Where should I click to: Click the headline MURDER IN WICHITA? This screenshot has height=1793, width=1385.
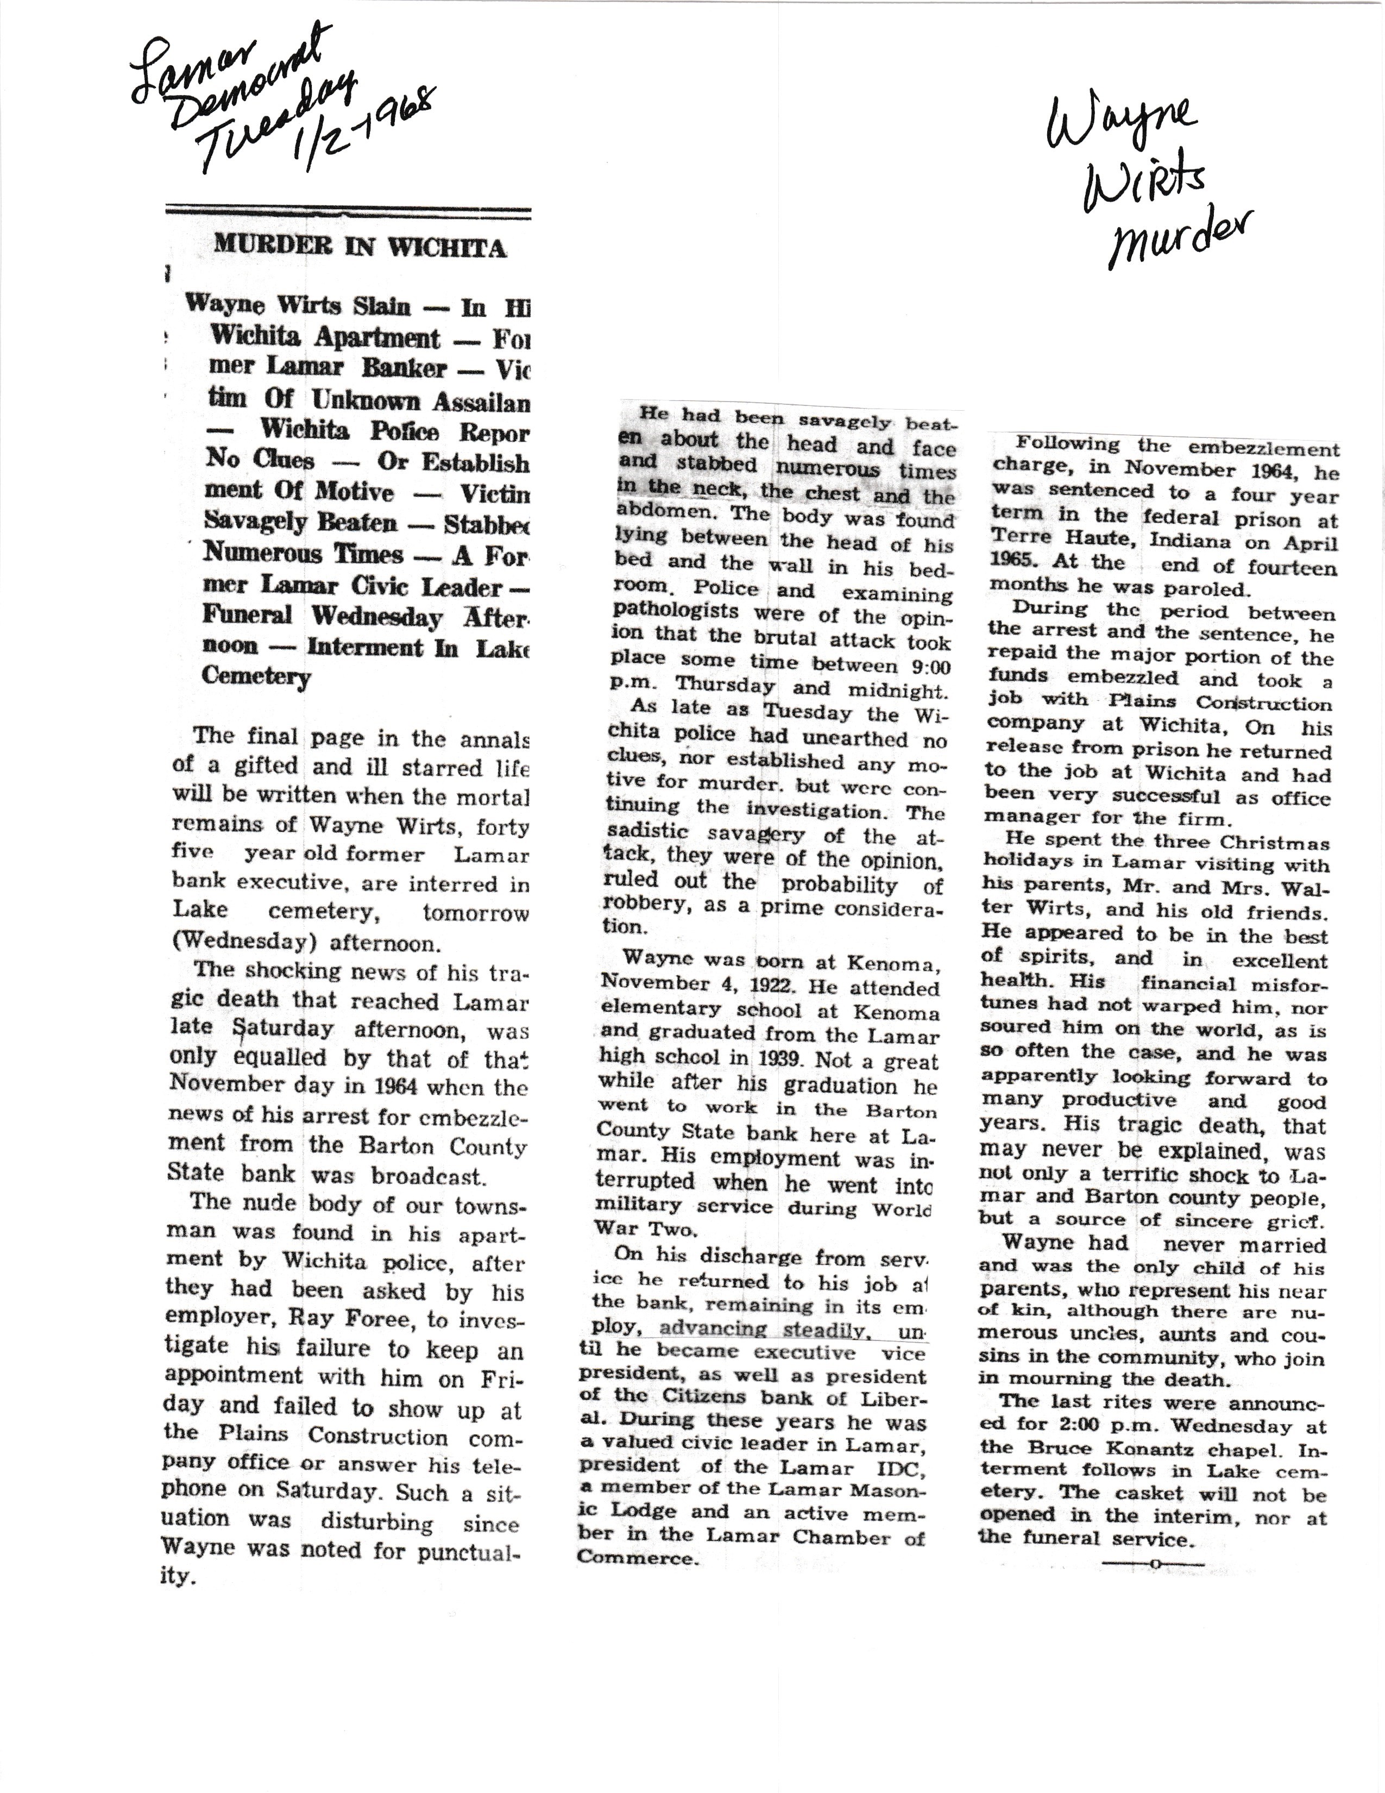[x=360, y=246]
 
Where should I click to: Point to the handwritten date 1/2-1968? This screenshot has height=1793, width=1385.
[x=365, y=127]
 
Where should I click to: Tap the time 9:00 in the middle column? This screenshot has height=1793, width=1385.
[x=927, y=667]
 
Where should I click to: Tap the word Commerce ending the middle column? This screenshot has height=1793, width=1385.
[x=638, y=1557]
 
